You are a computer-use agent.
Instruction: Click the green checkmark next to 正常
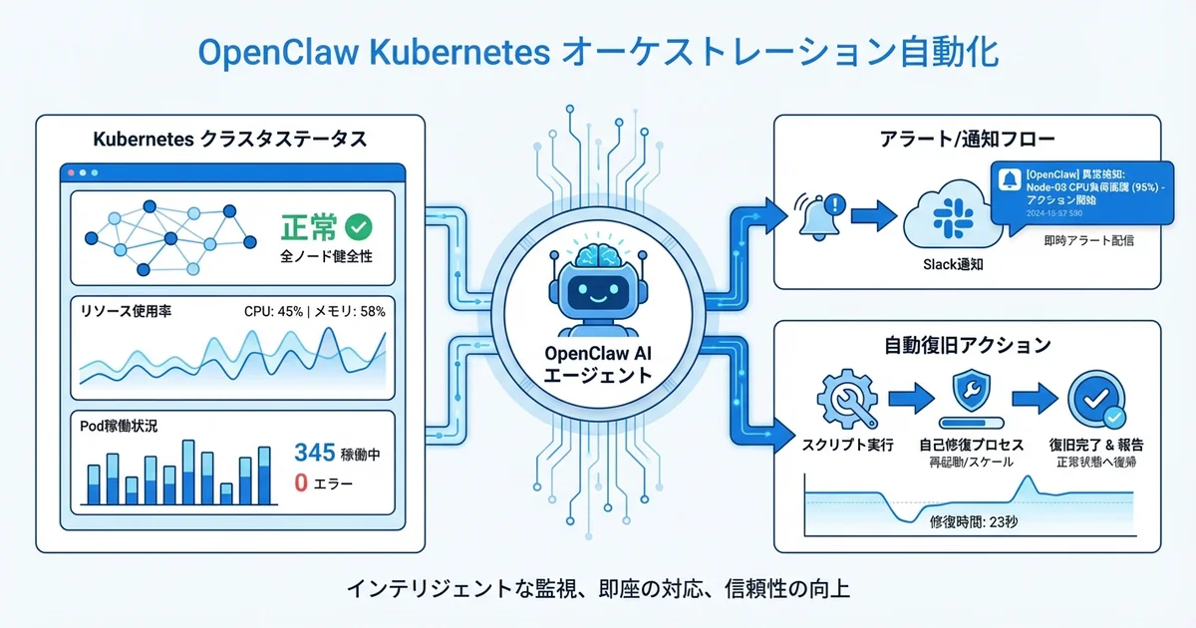point(357,226)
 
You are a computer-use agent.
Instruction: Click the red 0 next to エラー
point(301,484)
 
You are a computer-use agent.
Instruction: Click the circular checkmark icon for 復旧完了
point(1095,400)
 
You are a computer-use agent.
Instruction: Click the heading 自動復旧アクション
point(967,345)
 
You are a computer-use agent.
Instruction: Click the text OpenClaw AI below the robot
point(597,354)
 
